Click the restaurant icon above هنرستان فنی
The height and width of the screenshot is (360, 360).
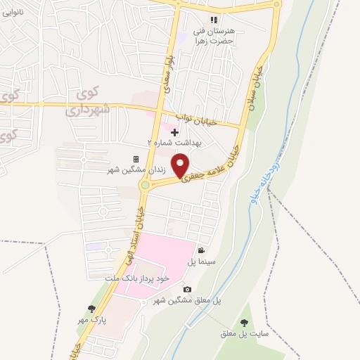tap(215, 20)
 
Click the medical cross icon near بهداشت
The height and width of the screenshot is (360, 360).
tap(174, 131)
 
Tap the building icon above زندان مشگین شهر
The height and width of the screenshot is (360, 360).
tap(136, 159)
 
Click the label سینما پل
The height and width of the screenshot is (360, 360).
tap(200, 262)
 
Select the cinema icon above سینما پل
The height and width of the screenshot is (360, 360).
tap(201, 251)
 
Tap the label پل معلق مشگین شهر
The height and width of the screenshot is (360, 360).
tap(188, 300)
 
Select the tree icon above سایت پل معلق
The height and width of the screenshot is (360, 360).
tap(244, 323)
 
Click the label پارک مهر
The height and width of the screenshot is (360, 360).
tap(91, 319)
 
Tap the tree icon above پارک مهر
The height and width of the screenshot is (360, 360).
tap(91, 308)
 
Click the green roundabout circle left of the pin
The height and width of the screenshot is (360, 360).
tap(146, 186)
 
